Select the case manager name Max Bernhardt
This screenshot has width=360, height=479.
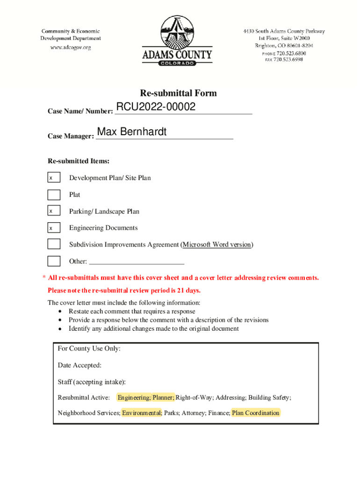[131, 132]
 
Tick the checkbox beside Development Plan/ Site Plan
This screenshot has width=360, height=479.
[54, 178]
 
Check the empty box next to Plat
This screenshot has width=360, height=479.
[54, 195]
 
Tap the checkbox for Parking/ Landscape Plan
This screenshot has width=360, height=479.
[54, 211]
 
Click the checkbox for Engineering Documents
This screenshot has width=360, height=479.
[54, 228]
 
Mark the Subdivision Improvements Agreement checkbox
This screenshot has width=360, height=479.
[54, 244]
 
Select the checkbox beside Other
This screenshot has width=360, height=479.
[54, 261]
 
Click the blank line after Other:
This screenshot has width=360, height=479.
[136, 261]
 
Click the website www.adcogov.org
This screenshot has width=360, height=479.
[71, 47]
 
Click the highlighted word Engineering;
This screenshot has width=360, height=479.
[134, 398]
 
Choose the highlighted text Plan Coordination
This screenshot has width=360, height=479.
[256, 413]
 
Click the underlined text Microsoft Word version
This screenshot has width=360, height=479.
[216, 245]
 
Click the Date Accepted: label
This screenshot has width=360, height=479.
[79, 365]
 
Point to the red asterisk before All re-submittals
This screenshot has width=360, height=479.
[43, 278]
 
